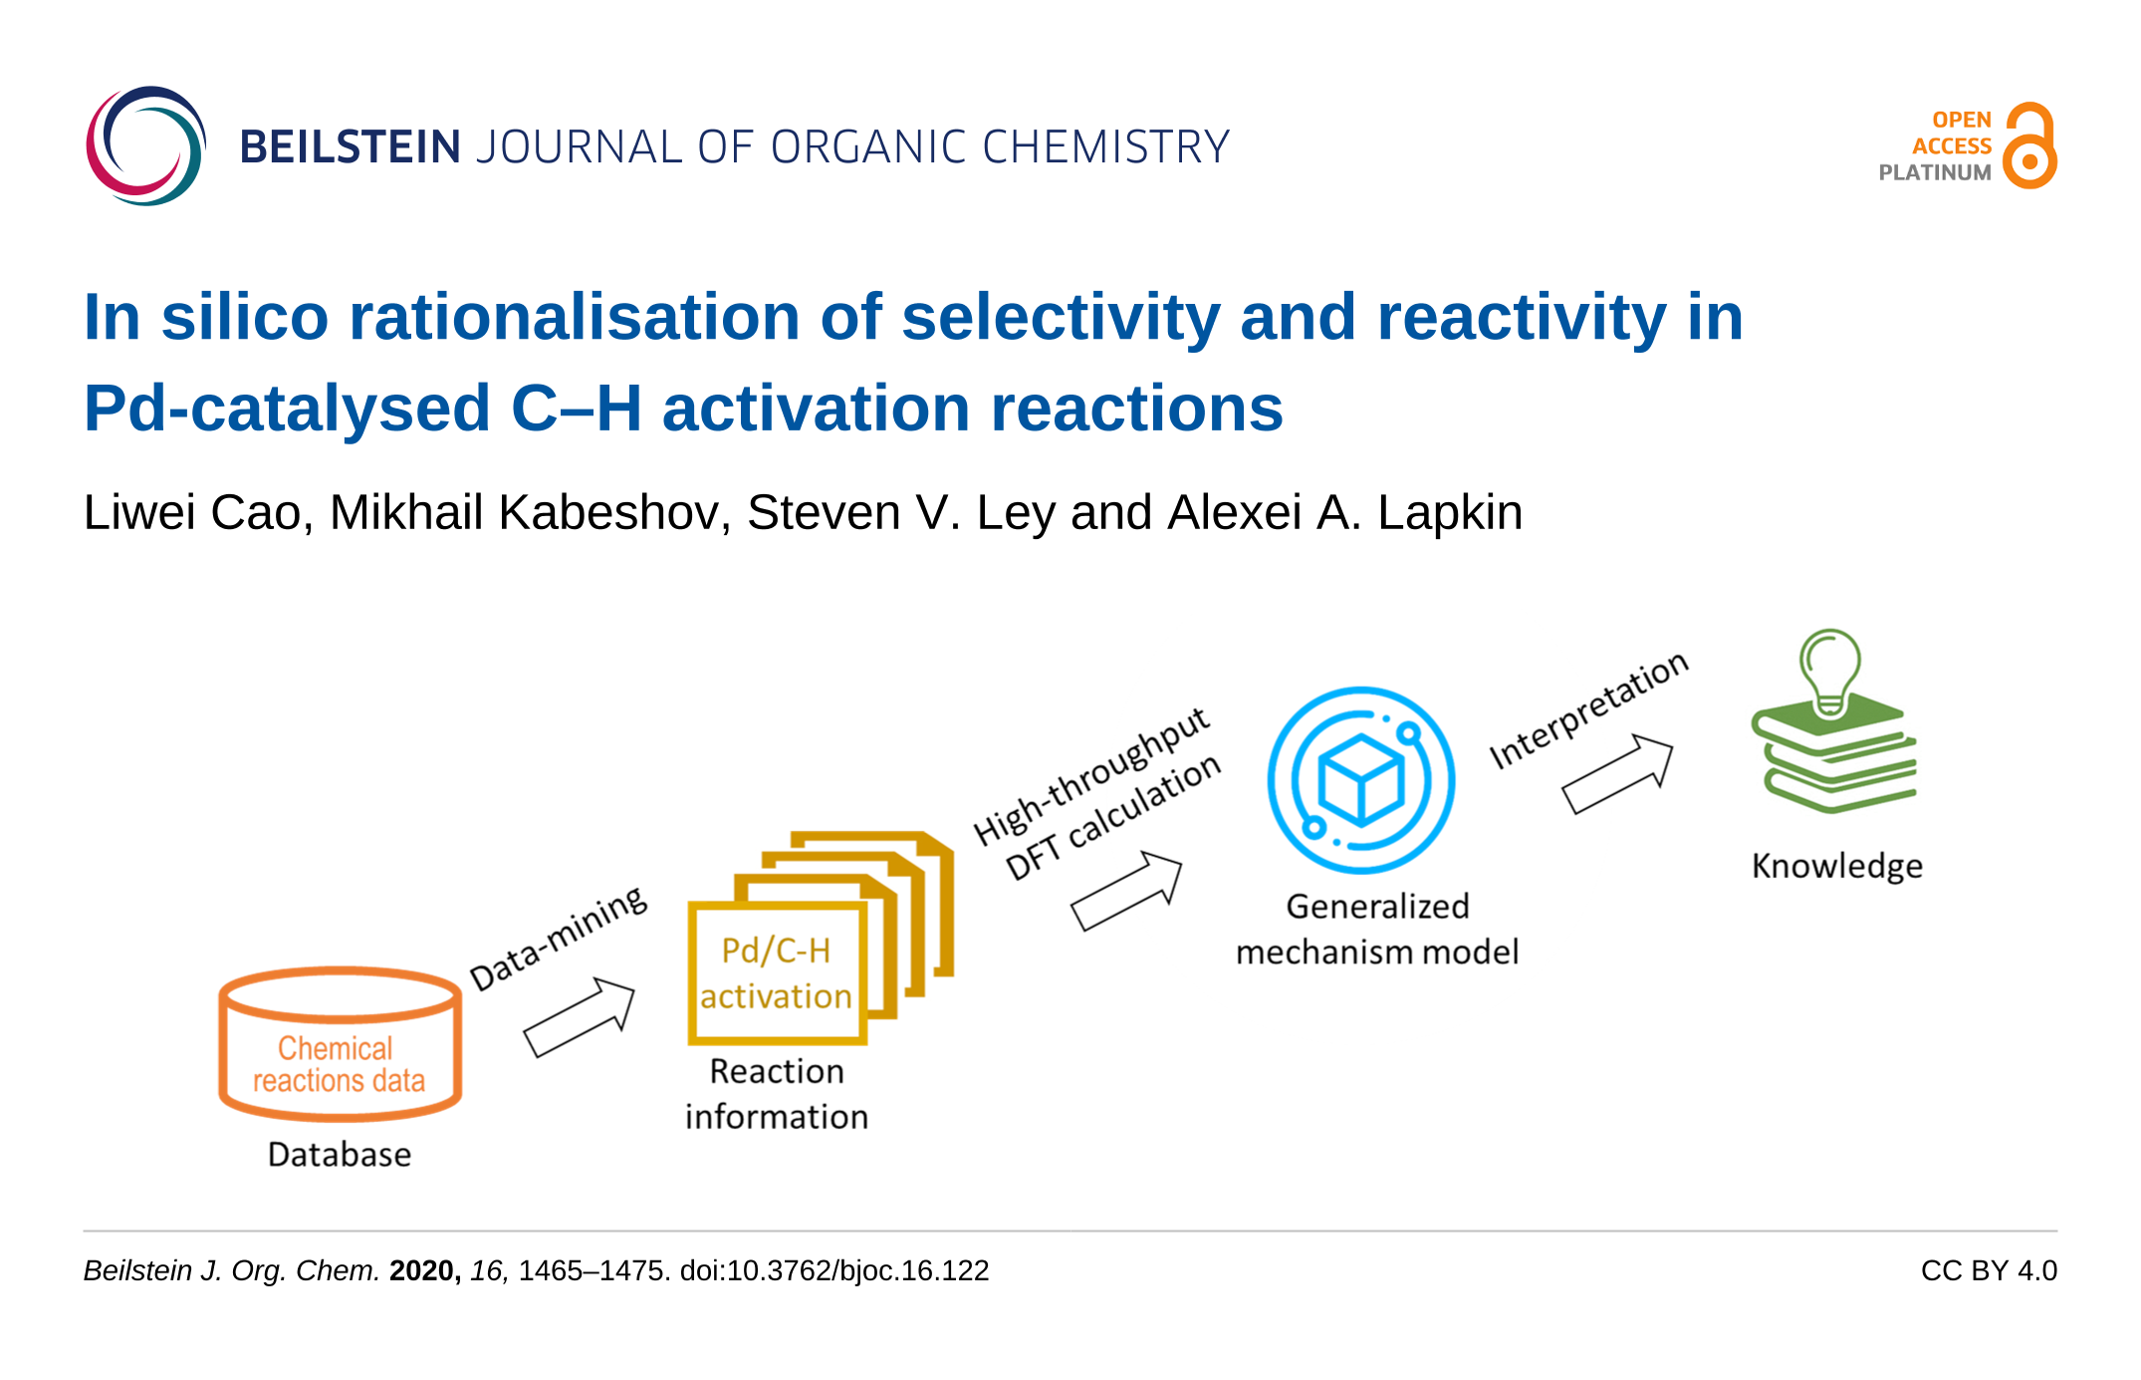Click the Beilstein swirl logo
click(x=146, y=146)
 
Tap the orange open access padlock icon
click(x=2030, y=145)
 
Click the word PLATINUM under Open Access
click(x=1935, y=172)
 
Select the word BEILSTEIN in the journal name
click(x=350, y=146)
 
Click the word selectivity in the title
click(x=1061, y=318)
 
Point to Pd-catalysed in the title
click(x=287, y=410)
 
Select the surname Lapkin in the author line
click(x=1450, y=512)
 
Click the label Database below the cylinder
click(x=340, y=1154)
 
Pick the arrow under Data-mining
click(x=580, y=1017)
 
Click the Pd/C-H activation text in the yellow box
click(x=776, y=973)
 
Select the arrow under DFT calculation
click(x=1126, y=891)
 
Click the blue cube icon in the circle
click(x=1361, y=781)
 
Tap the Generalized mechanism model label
click(x=1377, y=929)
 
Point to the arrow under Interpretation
click(x=1617, y=774)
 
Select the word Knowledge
click(x=1837, y=866)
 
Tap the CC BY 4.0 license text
click(x=1989, y=1270)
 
